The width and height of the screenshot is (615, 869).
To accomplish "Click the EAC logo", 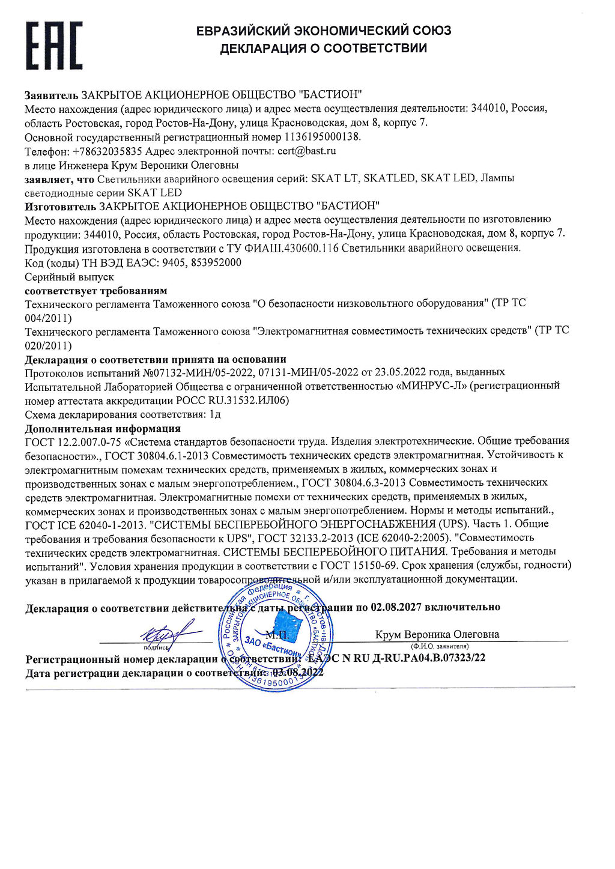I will coord(54,46).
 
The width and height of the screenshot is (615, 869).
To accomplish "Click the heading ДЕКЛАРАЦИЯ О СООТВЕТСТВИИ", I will coord(323,49).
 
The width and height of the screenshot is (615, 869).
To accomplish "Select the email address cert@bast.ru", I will coord(306,151).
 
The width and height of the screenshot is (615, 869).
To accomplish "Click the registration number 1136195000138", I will coord(322,137).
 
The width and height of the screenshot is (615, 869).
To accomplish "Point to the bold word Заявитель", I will coord(51,95).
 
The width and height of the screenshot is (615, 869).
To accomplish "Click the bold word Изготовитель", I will coord(60,207).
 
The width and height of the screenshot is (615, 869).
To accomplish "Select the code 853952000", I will coord(216,263).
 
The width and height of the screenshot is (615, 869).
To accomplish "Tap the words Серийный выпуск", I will coord(69,277).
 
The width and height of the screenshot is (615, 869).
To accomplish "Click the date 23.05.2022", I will coord(399,372).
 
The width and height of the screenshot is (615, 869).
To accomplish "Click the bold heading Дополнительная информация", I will coord(103,429).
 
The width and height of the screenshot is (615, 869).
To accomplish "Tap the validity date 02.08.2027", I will coord(396,607).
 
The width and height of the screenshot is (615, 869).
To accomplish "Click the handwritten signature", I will coord(167,632).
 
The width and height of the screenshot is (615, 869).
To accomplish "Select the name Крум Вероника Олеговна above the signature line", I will coord(437,634).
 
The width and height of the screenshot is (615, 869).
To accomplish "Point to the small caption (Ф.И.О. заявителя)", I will coord(439,646).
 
